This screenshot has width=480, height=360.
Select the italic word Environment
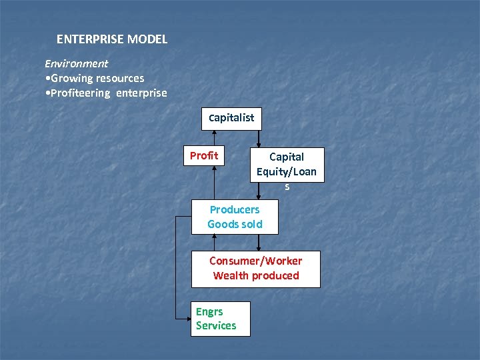[x=76, y=64]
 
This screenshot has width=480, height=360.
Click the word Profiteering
[x=80, y=93]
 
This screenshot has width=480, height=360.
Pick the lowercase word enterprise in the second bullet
[x=141, y=93]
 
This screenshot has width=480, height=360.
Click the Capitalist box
[x=231, y=118]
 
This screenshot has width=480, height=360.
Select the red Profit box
[x=204, y=156]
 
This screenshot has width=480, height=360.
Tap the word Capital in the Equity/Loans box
[x=287, y=157]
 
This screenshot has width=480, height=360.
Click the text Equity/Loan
[x=287, y=172]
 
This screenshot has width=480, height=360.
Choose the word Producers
[x=235, y=209]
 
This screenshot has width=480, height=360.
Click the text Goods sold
[x=235, y=224]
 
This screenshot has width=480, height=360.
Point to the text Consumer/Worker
[x=255, y=261]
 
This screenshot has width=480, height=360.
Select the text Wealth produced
[x=256, y=275]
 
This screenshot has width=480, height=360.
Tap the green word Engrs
[x=209, y=311]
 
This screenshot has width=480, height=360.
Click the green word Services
[x=216, y=325]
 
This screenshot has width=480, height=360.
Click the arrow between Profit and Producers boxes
[x=214, y=181]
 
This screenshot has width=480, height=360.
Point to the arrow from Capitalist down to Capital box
[x=259, y=138]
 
